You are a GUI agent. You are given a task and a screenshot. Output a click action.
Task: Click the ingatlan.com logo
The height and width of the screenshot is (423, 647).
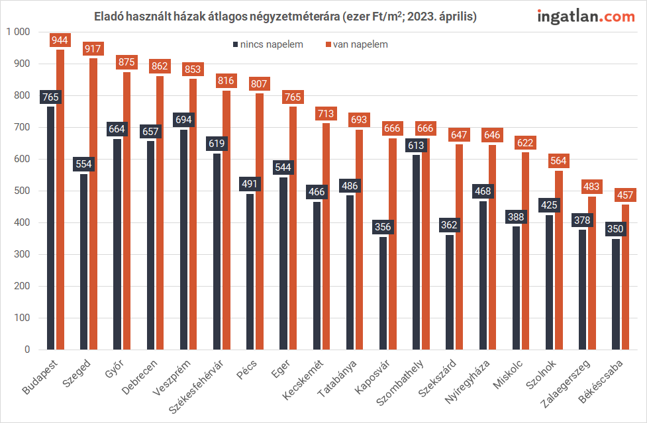(x=586, y=17)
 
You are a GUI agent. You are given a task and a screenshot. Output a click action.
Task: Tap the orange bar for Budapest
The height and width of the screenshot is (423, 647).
(x=60, y=199)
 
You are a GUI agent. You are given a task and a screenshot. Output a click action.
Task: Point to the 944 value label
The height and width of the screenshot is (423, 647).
(x=60, y=40)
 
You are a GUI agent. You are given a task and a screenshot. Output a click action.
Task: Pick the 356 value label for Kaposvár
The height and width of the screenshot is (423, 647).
(x=383, y=227)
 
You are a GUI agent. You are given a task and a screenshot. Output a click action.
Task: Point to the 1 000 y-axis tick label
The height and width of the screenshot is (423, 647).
(x=18, y=32)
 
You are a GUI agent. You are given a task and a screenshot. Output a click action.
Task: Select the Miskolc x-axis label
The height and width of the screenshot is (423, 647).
(x=509, y=375)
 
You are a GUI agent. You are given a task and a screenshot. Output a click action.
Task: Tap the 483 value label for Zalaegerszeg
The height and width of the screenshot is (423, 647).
(x=592, y=187)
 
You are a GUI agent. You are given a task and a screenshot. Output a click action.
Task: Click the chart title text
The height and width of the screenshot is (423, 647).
(x=285, y=17)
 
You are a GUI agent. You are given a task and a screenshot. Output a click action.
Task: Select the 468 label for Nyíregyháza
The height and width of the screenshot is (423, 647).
(x=483, y=192)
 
